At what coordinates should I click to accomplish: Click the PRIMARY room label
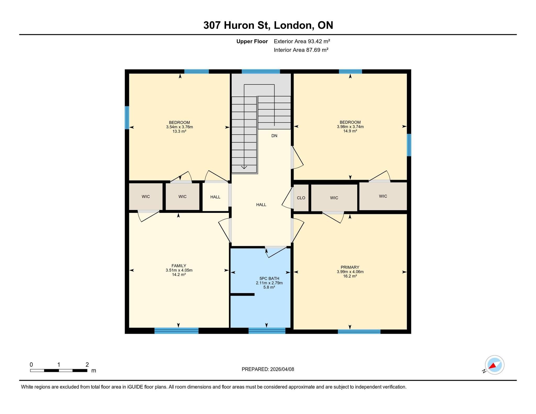tap(350, 267)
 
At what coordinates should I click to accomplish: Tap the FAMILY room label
tap(179, 266)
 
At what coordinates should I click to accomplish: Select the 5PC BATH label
tap(269, 279)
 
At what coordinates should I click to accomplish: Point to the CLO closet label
tap(301, 198)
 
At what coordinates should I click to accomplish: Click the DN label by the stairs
tap(274, 136)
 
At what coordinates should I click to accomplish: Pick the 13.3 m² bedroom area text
tap(179, 131)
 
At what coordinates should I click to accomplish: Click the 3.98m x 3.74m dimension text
tap(350, 127)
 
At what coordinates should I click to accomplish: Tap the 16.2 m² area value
tap(350, 276)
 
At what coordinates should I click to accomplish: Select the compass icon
tap(494, 365)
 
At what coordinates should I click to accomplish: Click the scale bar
tap(59, 370)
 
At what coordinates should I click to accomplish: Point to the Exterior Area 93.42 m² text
tap(302, 41)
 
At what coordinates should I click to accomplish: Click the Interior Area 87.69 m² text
tap(301, 50)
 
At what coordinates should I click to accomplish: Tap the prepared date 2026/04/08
tap(282, 369)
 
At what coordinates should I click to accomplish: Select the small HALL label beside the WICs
tap(215, 197)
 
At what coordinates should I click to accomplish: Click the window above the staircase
tap(261, 71)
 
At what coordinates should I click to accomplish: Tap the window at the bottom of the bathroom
tap(267, 331)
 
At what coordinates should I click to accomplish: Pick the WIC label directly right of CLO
tap(334, 198)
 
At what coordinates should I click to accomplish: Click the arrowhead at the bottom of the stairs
tap(244, 167)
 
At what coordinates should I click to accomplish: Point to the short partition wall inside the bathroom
tap(242, 294)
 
